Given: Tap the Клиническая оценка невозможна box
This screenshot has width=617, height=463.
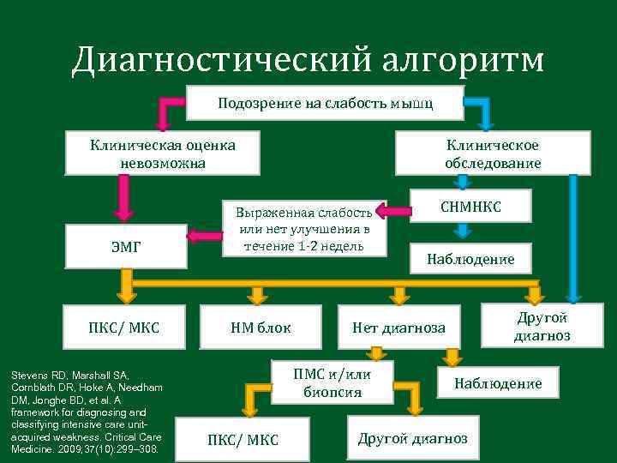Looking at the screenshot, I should (x=163, y=153).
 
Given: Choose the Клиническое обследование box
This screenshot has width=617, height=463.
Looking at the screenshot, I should (x=493, y=153).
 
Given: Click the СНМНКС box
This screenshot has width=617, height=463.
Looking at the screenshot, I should (x=471, y=207).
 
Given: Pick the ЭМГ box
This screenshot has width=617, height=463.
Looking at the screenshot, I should (x=127, y=247).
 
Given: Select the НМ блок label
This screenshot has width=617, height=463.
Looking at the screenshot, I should (x=261, y=327).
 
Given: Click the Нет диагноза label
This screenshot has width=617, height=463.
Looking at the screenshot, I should (x=398, y=327).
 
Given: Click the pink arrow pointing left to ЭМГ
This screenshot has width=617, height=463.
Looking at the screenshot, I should (x=203, y=235).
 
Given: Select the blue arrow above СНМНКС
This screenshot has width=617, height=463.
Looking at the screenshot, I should (x=462, y=181).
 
